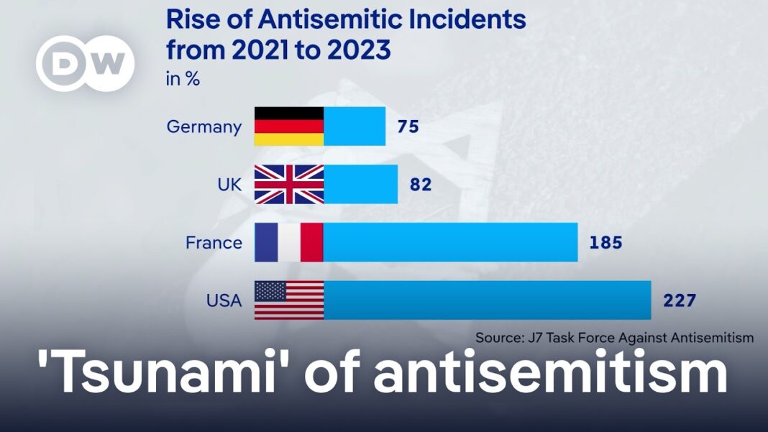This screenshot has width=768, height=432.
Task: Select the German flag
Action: [289, 127]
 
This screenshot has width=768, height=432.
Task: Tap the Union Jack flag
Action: [289, 184]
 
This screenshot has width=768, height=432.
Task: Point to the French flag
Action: [289, 242]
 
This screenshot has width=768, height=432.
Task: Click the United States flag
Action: [289, 300]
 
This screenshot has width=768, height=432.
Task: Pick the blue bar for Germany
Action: [355, 127]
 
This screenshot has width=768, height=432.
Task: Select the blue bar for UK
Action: [360, 184]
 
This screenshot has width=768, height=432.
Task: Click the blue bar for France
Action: [450, 242]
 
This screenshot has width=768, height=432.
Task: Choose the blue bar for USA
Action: [487, 300]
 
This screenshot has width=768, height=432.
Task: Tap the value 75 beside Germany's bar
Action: [408, 127]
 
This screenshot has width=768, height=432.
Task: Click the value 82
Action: [420, 185]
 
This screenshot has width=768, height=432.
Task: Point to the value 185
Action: [605, 243]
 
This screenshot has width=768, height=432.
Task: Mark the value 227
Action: [680, 300]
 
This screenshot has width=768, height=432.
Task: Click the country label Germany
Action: [204, 127]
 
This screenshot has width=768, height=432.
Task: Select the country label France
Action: [214, 243]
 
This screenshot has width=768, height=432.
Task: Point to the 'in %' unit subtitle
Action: [183, 79]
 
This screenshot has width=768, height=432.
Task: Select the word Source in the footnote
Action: [499, 337]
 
